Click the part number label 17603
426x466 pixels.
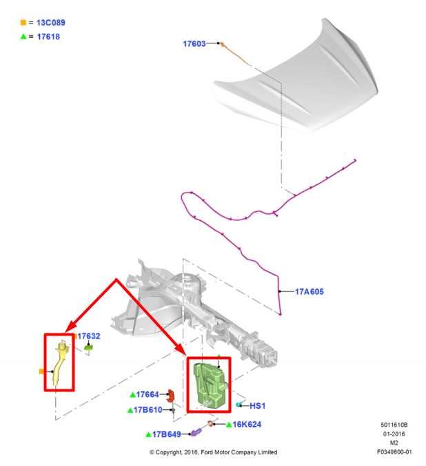194,43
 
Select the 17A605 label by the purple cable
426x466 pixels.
309,291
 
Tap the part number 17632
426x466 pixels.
89,336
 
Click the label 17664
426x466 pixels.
148,394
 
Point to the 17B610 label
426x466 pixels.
148,410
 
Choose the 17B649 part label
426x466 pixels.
166,434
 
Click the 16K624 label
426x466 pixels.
247,425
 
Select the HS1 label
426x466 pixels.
258,406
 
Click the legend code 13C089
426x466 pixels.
51,23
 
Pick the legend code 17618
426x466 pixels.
48,37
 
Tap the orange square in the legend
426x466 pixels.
23,22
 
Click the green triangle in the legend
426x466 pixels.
23,37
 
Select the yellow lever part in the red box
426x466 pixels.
60,364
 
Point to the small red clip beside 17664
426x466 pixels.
170,396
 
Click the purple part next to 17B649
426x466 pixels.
196,431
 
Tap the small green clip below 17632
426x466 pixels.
88,347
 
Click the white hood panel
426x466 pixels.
296,80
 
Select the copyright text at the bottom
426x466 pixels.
213,452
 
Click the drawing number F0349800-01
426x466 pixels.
394,452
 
